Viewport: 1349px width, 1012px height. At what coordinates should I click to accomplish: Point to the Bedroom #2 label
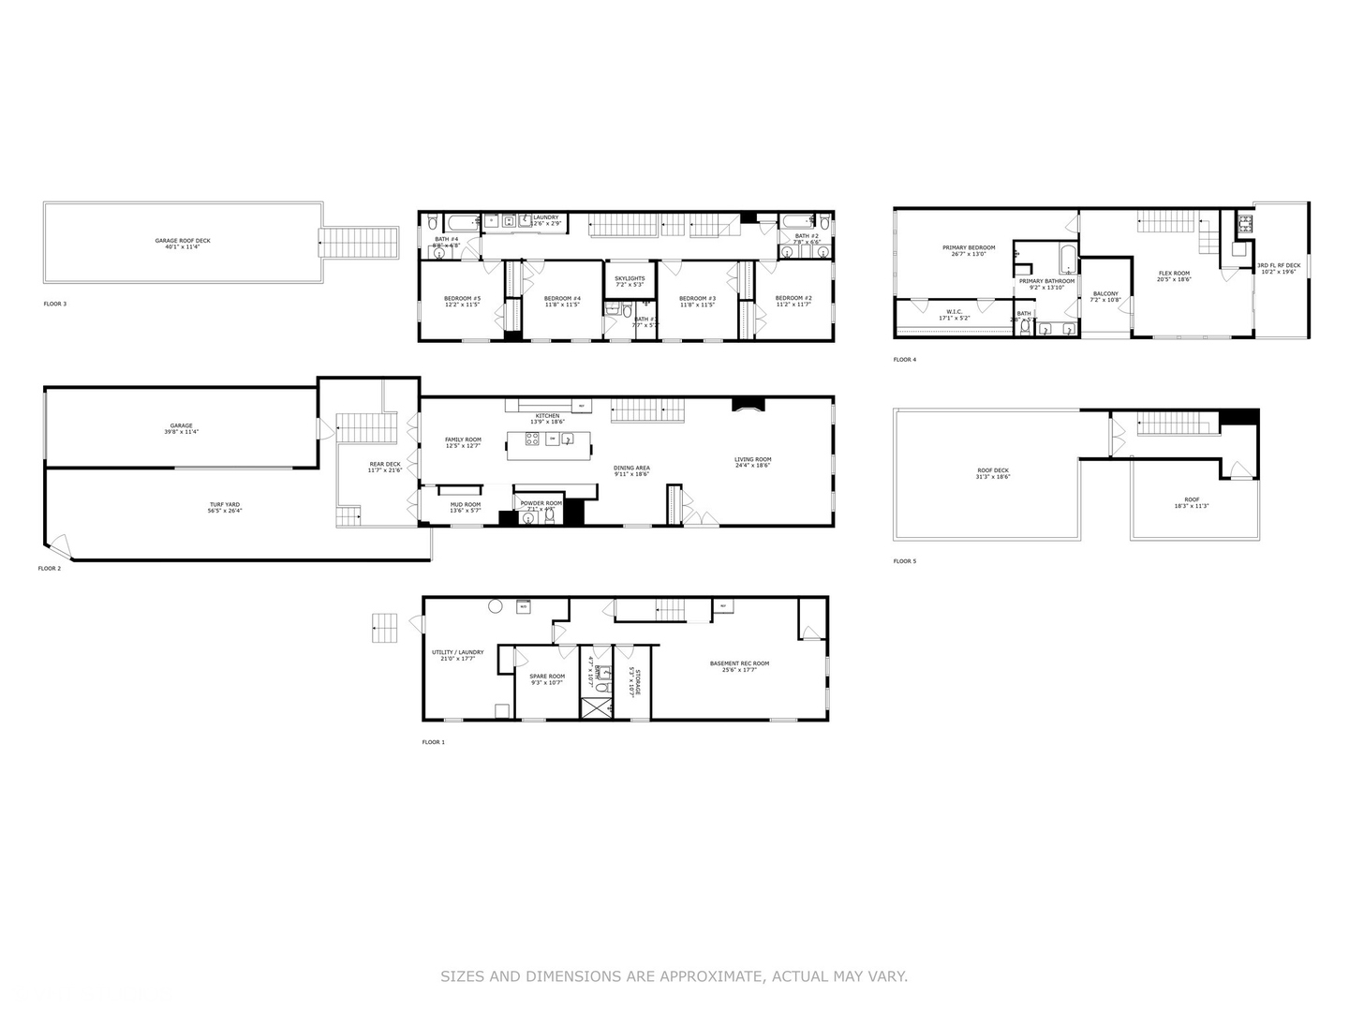(x=793, y=299)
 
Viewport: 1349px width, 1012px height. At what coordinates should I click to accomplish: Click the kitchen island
(x=550, y=445)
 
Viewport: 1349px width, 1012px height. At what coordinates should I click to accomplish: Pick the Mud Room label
(x=466, y=505)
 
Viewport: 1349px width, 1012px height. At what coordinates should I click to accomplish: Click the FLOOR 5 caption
(x=905, y=561)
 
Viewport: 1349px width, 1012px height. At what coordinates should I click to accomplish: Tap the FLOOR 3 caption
(x=55, y=304)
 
